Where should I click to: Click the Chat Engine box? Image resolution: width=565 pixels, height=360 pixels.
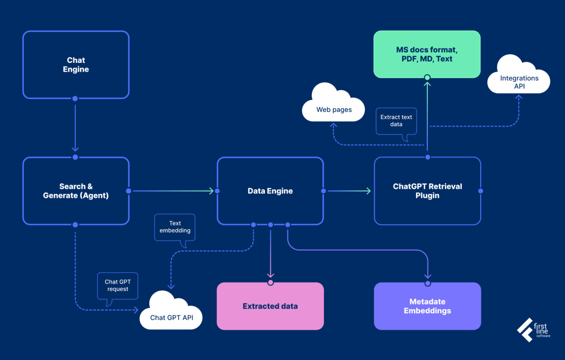click(x=76, y=65)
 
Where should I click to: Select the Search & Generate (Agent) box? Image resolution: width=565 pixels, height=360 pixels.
click(x=76, y=191)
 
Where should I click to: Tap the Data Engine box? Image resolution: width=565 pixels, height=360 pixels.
click(x=270, y=191)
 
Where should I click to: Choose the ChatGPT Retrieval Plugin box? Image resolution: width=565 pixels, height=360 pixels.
click(x=427, y=191)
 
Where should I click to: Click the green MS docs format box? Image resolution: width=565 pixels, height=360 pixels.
click(x=427, y=54)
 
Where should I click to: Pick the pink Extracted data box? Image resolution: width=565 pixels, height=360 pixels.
click(x=270, y=306)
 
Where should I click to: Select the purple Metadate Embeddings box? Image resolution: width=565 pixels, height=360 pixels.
click(x=427, y=306)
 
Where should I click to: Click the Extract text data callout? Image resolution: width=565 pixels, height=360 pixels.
click(x=396, y=121)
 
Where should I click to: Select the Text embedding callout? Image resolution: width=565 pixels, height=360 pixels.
click(x=175, y=227)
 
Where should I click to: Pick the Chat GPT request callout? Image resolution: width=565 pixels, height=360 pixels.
click(x=118, y=286)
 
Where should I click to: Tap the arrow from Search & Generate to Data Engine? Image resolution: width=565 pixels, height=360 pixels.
click(x=172, y=191)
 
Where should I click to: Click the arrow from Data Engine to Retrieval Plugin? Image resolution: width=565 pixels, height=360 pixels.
click(x=348, y=191)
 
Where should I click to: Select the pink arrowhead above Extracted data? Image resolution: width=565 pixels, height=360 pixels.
click(x=270, y=275)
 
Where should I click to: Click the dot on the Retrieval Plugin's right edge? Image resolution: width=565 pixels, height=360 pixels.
click(x=481, y=191)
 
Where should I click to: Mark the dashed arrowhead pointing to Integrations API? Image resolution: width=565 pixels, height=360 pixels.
click(x=519, y=97)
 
